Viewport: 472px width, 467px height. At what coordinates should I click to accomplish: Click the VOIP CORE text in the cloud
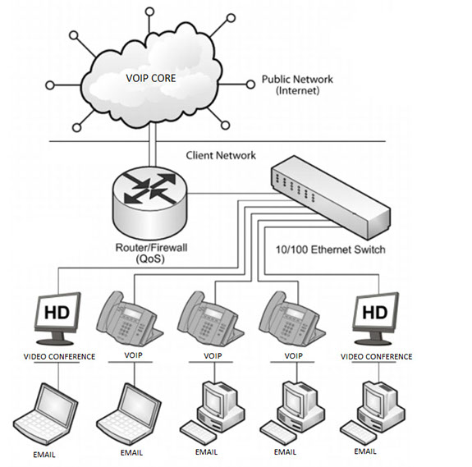point(151,78)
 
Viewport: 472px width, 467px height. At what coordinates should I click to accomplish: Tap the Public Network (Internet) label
point(297,85)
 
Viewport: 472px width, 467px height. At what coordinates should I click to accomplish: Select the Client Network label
point(221,155)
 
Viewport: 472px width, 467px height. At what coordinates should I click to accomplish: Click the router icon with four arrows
point(150,202)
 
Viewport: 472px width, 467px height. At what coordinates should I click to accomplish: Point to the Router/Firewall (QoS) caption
point(151,254)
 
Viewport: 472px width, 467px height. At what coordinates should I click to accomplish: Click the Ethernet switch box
point(331,197)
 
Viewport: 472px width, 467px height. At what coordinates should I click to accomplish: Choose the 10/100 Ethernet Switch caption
point(331,250)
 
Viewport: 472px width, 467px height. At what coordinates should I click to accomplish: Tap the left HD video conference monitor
point(57,318)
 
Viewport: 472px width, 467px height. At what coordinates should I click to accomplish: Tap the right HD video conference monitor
point(375,318)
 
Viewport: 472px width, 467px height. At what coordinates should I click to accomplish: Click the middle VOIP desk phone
point(211,318)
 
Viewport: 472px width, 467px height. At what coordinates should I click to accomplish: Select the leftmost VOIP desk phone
point(130,318)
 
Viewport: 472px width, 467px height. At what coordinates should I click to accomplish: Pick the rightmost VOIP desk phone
point(292,318)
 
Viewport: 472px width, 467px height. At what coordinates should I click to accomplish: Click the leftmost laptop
point(45,414)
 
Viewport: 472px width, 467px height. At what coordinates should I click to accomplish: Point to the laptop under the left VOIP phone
point(129,414)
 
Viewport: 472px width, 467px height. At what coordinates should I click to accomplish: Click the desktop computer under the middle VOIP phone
point(213,413)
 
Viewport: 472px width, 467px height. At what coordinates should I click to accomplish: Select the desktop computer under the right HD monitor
point(373,413)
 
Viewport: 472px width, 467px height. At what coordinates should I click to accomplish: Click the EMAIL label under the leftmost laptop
point(44,455)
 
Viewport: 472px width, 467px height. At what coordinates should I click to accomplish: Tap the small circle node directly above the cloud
point(149,11)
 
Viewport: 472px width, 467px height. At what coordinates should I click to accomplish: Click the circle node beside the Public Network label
point(250,85)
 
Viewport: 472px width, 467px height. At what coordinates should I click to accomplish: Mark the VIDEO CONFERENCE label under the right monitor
point(376,356)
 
